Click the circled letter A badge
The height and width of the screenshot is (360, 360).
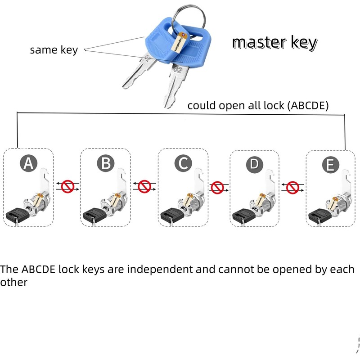point(28,164)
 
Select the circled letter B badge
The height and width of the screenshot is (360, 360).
point(105,163)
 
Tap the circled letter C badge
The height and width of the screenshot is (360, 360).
point(182,163)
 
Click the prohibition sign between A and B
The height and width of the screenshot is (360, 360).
point(67,186)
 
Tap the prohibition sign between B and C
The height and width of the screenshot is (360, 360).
point(144,186)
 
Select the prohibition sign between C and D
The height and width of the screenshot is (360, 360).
point(218,186)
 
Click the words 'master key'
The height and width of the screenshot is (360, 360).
point(274,43)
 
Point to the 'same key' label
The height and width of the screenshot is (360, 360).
point(54,50)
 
